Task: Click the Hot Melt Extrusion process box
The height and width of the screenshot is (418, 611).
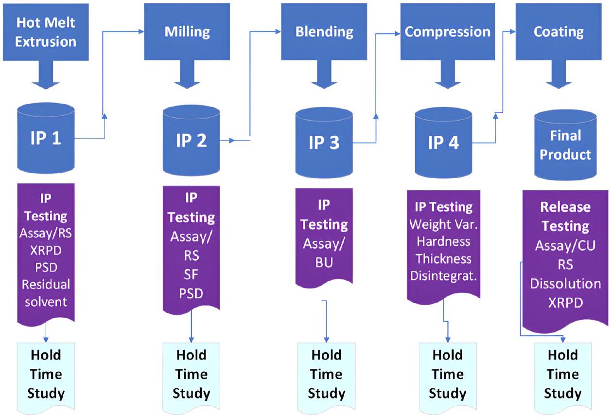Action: tap(46, 32)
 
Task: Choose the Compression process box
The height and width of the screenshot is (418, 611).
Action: tap(447, 32)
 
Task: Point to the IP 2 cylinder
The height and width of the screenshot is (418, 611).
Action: tap(191, 141)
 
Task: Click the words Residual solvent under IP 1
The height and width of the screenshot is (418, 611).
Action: tap(45, 292)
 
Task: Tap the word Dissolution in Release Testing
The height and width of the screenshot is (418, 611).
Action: tap(565, 283)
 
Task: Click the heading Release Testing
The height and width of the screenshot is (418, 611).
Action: tap(565, 216)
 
